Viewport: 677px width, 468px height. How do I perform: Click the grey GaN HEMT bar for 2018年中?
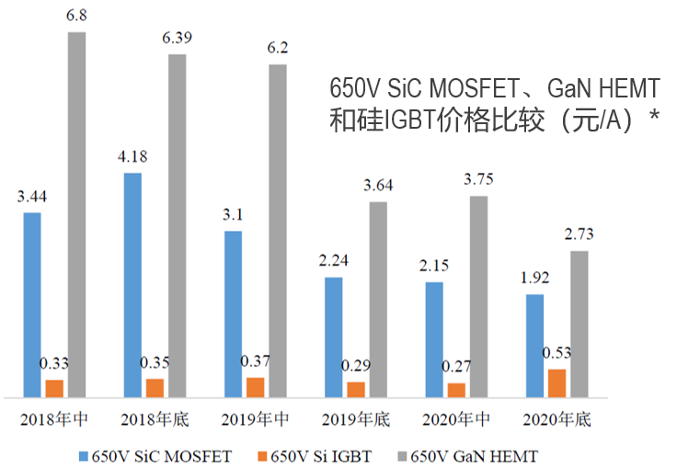pyautogui.click(x=76, y=214)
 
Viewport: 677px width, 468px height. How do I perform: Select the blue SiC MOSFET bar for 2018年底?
pyautogui.click(x=133, y=285)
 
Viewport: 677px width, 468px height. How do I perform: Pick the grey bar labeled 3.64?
pyautogui.click(x=378, y=300)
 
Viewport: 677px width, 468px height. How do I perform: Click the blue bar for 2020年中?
pyautogui.click(x=434, y=339)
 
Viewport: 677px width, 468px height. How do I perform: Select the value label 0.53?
pyautogui.click(x=557, y=353)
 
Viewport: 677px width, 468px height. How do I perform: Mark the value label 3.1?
pyautogui.click(x=234, y=214)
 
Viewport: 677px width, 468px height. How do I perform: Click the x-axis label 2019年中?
pyautogui.click(x=256, y=420)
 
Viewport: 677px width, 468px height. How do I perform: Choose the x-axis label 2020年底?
pyautogui.click(x=557, y=420)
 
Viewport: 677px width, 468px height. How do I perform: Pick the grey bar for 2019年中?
pyautogui.click(x=278, y=231)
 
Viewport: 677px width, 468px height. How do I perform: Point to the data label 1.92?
pyautogui.click(x=534, y=278)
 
